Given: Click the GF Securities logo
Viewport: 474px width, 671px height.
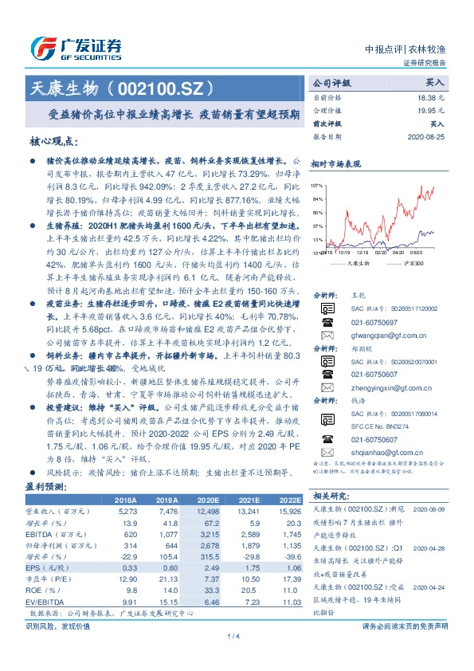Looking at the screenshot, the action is pyautogui.click(x=76, y=46).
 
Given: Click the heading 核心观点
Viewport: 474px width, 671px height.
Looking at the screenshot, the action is pyautogui.click(x=55, y=142).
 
